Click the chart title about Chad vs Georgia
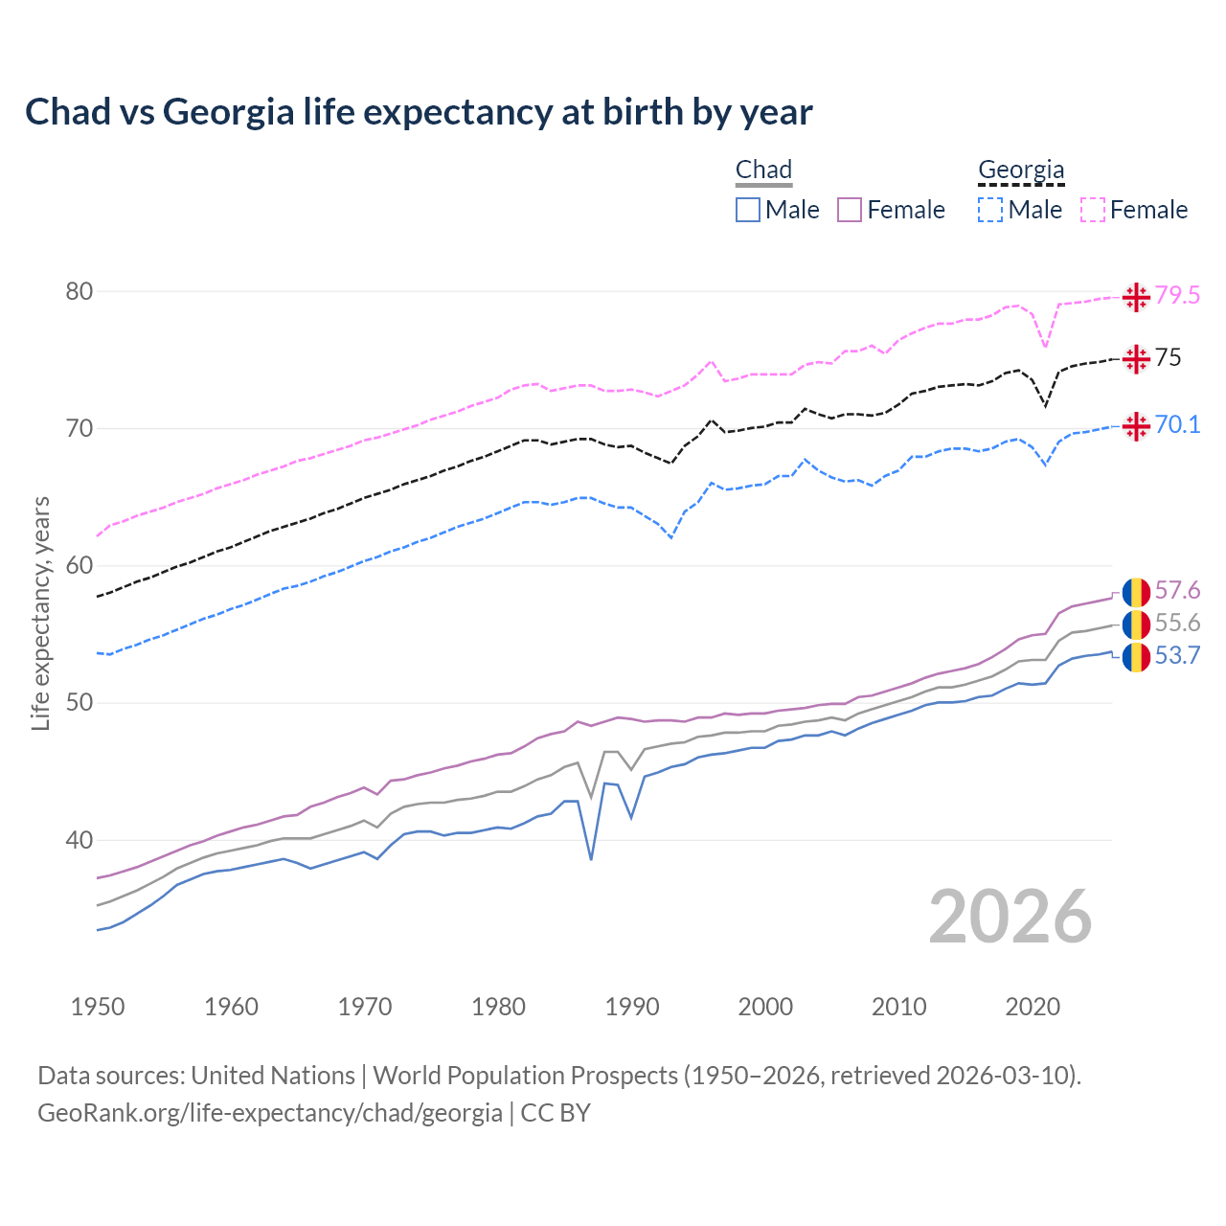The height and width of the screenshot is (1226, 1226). [419, 112]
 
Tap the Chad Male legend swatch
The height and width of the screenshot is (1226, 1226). [748, 210]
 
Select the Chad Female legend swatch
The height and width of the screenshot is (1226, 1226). [850, 210]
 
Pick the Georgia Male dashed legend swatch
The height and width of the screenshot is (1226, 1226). [990, 210]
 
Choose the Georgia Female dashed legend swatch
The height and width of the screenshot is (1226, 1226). [1093, 210]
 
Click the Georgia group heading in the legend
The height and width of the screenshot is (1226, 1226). [1021, 170]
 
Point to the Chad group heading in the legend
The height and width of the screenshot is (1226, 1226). [763, 170]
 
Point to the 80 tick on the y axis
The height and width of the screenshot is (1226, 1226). [79, 291]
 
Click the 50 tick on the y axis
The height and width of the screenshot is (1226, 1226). [79, 703]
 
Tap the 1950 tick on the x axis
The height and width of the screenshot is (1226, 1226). [98, 1007]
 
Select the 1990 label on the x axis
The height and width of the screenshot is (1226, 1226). [632, 1007]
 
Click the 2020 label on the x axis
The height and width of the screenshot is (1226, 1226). [1033, 1007]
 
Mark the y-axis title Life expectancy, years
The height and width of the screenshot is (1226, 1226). [40, 613]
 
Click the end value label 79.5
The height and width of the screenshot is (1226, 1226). [1177, 296]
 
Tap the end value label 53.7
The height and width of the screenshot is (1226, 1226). [1177, 656]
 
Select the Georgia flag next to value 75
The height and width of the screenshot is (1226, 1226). [1136, 359]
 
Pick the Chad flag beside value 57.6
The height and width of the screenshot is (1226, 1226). [1136, 592]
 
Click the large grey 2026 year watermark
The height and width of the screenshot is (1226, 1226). [1010, 917]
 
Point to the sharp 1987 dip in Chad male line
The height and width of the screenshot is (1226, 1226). [591, 858]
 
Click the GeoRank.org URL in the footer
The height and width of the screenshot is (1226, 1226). [270, 1113]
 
